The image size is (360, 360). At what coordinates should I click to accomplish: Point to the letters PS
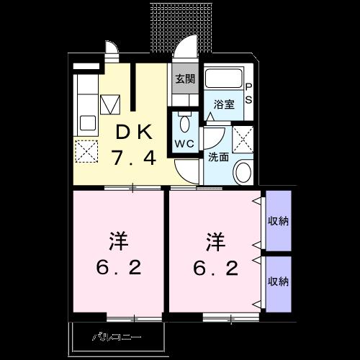coord(249,93)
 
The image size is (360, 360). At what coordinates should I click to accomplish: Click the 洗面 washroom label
coord(219,157)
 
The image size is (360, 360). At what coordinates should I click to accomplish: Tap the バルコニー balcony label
coord(117,337)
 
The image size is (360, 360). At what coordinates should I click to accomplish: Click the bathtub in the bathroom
coord(224,80)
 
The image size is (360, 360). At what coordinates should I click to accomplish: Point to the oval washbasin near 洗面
coord(243,171)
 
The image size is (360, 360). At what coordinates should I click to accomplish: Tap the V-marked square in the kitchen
coord(109,106)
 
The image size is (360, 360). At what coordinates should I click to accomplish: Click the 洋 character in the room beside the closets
coord(215,239)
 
